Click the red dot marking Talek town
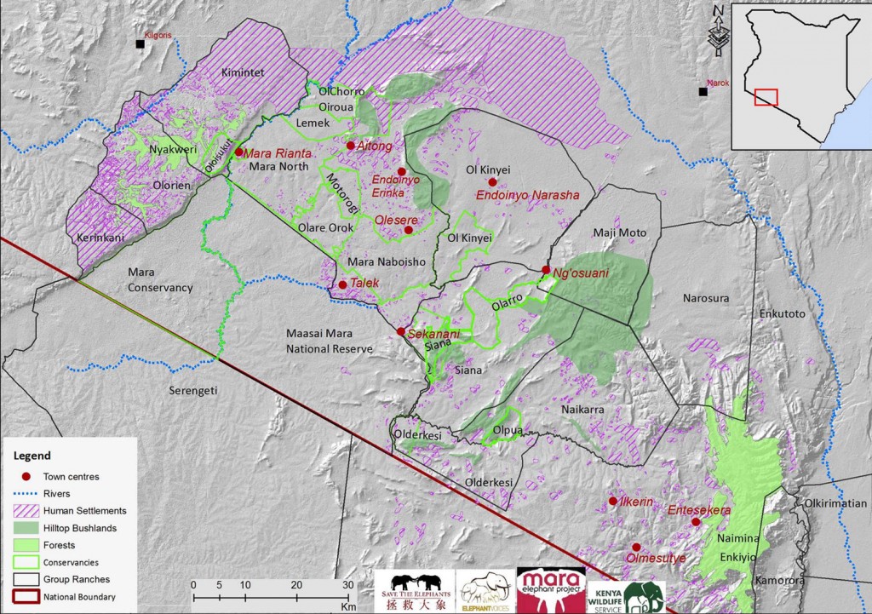click(342, 284)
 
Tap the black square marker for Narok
click(703, 91)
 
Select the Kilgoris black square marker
click(140, 43)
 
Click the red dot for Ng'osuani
click(545, 270)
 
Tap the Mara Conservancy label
click(160, 280)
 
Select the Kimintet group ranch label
click(244, 73)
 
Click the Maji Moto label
click(620, 232)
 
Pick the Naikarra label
click(583, 410)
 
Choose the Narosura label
click(706, 298)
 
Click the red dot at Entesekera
click(696, 522)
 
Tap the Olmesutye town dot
click(635, 548)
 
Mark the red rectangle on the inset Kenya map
click(766, 96)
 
